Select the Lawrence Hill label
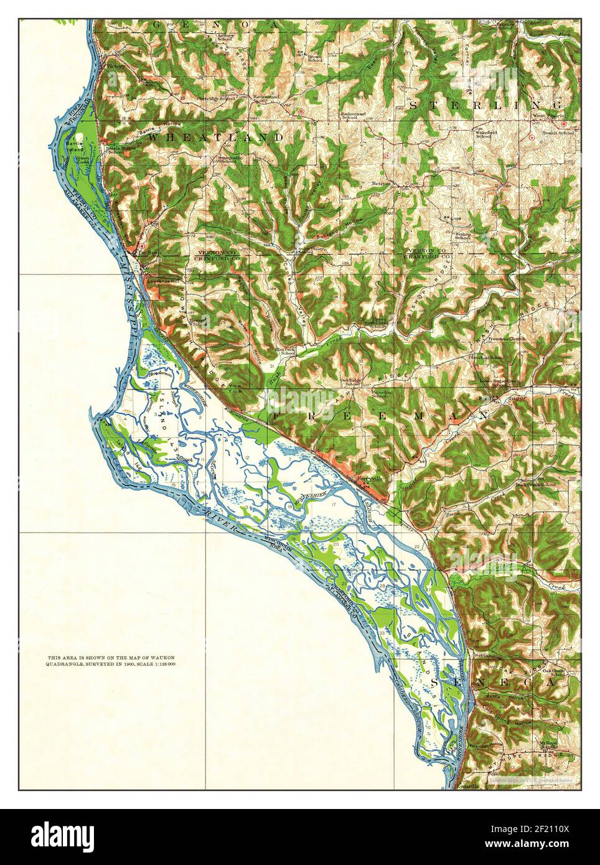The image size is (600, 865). (163, 282)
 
